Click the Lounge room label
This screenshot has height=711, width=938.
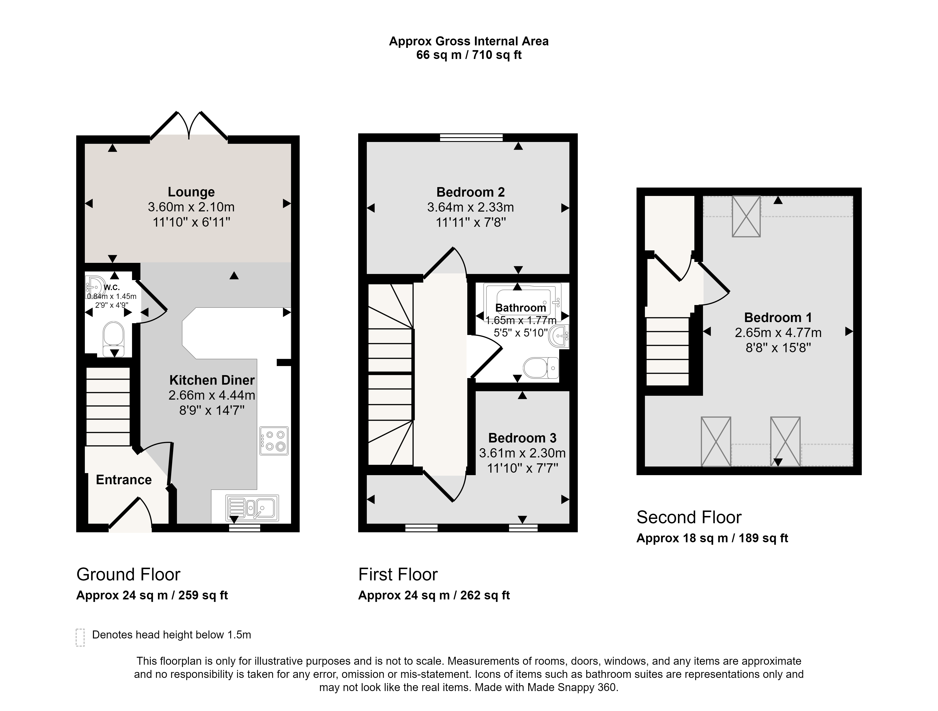[x=191, y=192]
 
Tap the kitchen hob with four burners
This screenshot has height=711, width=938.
[x=274, y=441]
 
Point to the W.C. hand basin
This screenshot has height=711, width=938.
[x=95, y=287]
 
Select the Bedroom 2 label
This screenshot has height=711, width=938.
[x=471, y=192]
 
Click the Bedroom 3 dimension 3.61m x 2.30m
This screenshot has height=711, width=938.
[x=522, y=453]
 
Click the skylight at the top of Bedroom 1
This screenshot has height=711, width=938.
[x=746, y=216]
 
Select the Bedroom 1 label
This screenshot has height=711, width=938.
[x=778, y=318]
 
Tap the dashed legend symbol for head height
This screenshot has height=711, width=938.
[x=80, y=638]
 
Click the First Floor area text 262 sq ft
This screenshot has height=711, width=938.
[x=485, y=595]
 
